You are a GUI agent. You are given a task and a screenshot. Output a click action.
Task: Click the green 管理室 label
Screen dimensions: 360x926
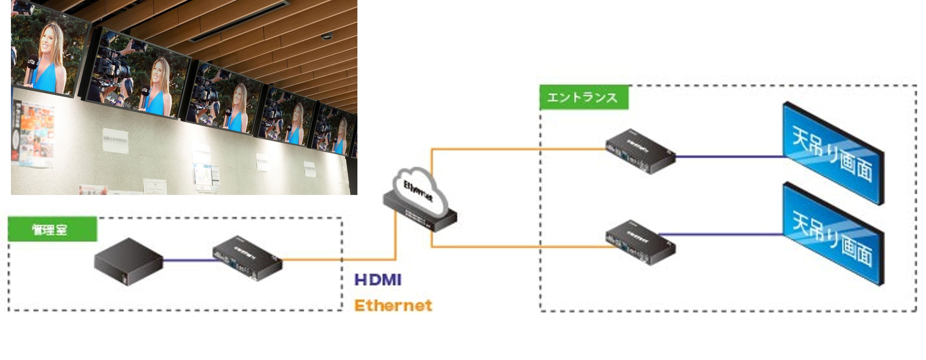click(52, 229)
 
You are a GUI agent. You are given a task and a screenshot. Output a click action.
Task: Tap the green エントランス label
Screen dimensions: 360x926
click(583, 97)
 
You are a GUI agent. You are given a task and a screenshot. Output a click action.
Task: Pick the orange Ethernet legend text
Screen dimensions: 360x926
click(393, 305)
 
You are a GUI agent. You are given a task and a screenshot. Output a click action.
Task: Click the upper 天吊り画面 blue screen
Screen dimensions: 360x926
click(833, 153)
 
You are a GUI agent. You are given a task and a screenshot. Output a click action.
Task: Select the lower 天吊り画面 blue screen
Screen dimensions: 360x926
click(833, 234)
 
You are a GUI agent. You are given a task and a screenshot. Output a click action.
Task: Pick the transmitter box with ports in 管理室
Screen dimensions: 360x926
click(247, 258)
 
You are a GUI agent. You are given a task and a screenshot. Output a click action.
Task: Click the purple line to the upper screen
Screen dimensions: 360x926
click(730, 157)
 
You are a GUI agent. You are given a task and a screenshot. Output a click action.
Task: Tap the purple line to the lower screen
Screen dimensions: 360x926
click(723, 235)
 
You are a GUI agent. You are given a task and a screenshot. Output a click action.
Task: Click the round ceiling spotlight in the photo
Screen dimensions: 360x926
click(326, 36)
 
